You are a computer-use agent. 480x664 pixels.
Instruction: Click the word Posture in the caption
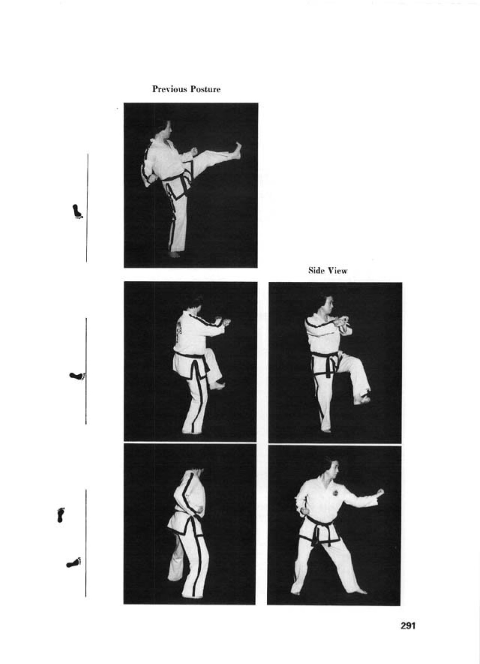[x=205, y=89]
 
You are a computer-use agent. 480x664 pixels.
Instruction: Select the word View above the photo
[x=337, y=270]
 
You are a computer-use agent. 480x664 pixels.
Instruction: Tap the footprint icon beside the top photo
[x=78, y=211]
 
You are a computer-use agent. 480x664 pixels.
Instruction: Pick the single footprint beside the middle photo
[x=78, y=376]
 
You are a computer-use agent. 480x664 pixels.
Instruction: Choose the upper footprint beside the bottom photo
[x=61, y=515]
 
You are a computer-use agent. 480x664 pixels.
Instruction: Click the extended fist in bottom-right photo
[x=379, y=493]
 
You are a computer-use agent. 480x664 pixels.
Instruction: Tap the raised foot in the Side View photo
[x=362, y=399]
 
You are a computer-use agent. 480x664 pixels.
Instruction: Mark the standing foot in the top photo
[x=174, y=254]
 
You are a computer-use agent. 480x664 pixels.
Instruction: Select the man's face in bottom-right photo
[x=334, y=469]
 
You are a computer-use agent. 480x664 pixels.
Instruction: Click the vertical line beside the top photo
[x=87, y=208]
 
